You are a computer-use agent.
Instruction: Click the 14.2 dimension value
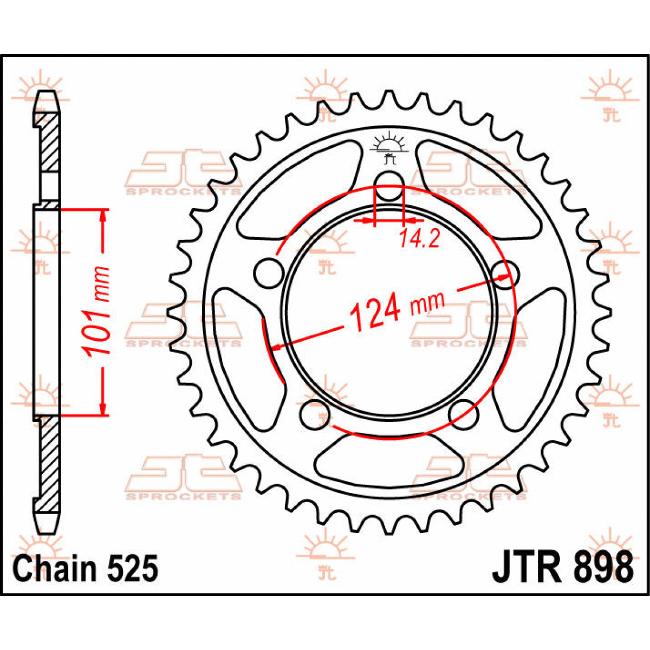pyautogui.click(x=419, y=238)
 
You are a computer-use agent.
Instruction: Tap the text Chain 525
pyautogui.click(x=86, y=569)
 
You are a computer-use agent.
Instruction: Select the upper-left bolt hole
pyautogui.click(x=269, y=272)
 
